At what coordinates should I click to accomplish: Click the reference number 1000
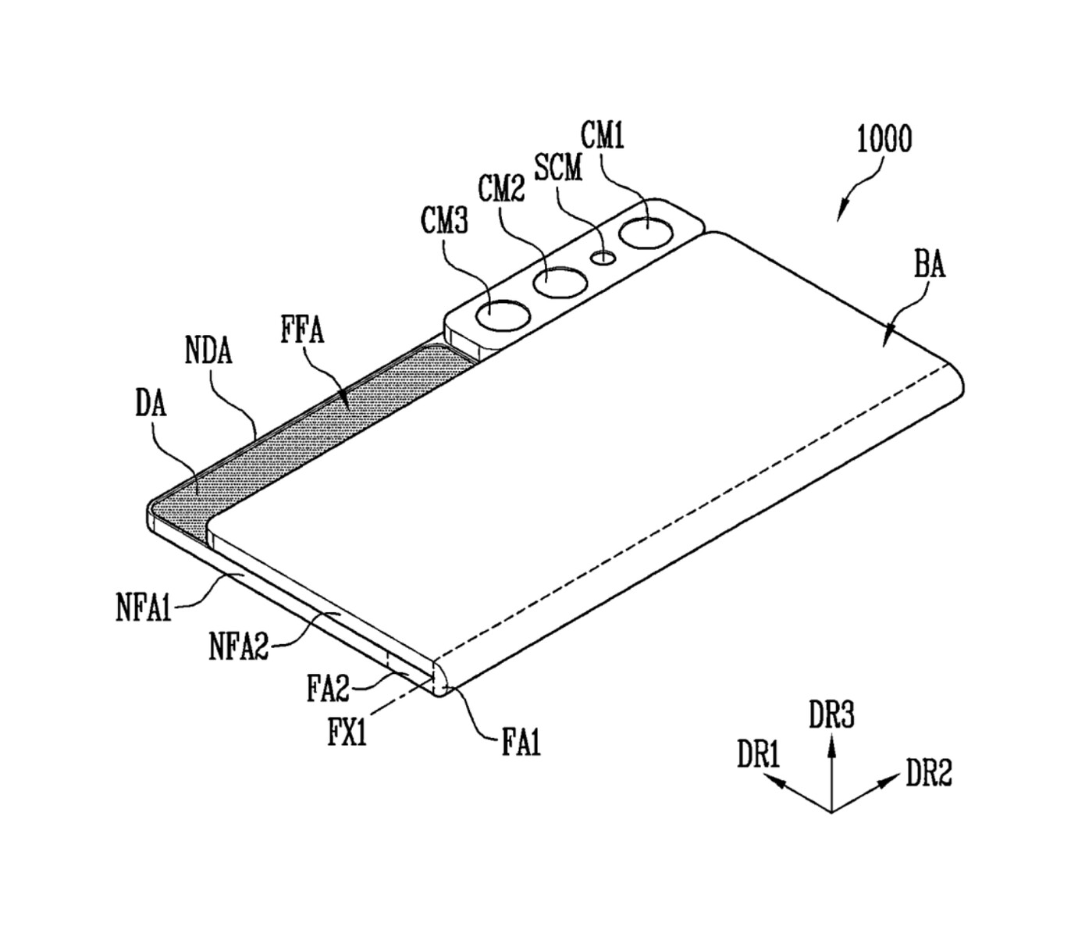[x=884, y=140]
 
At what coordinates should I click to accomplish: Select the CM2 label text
[x=501, y=188]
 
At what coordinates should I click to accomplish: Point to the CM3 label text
[x=444, y=221]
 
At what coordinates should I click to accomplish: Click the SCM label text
[x=558, y=166]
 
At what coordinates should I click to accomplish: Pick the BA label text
[x=929, y=265]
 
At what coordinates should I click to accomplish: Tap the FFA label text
[x=302, y=331]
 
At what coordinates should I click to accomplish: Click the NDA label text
[x=208, y=351]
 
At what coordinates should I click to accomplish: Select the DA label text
[x=151, y=404]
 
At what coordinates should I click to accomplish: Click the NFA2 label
[x=239, y=646]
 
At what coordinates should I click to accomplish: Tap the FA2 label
[x=327, y=689]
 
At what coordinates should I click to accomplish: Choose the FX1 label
[x=347, y=733]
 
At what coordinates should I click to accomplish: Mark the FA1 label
[x=521, y=742]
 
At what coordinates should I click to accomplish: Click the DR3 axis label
[x=831, y=715]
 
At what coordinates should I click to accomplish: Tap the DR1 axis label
[x=759, y=756]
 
